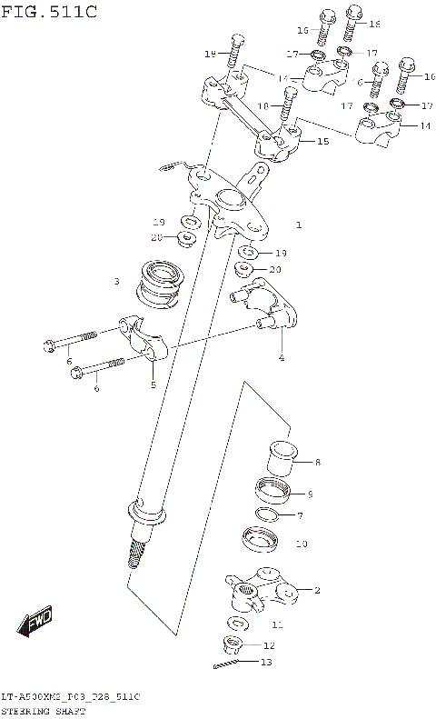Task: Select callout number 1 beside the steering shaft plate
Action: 298,224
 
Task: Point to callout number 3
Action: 116,282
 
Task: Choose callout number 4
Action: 281,357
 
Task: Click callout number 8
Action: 317,463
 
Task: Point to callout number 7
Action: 301,516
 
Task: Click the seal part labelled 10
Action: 263,540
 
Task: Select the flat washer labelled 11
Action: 239,624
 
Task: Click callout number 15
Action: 322,142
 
